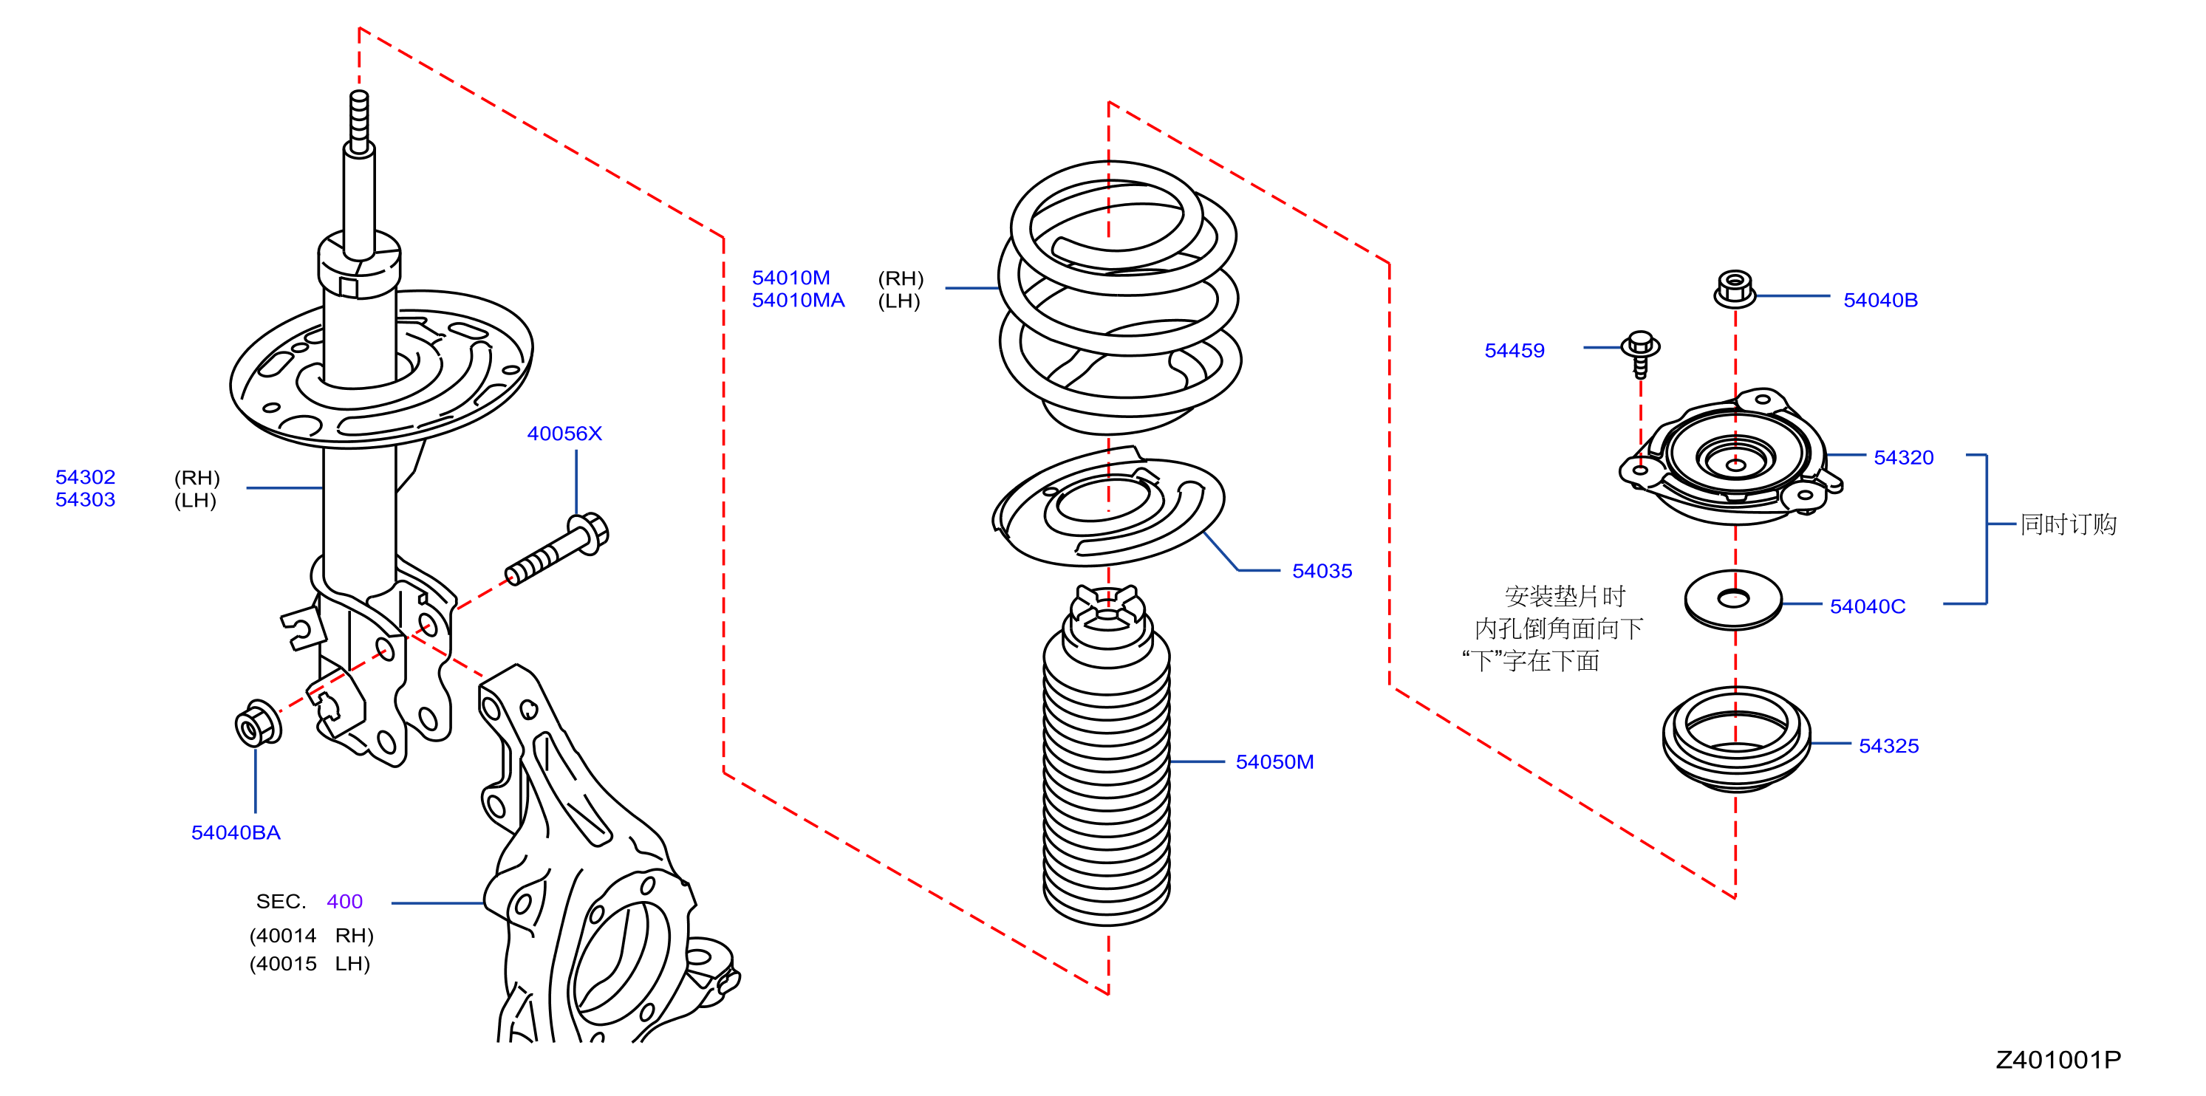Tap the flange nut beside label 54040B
(x=1735, y=289)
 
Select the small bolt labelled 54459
(x=1641, y=354)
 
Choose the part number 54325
(x=1888, y=746)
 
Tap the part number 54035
(x=1322, y=570)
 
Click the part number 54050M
(x=1274, y=761)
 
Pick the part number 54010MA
(x=798, y=300)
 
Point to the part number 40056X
(x=564, y=434)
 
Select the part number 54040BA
(x=236, y=832)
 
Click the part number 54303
(x=85, y=499)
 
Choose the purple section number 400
(x=344, y=901)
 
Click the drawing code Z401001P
(x=2058, y=1059)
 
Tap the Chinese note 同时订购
(x=2068, y=524)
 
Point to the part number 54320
(x=1904, y=457)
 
